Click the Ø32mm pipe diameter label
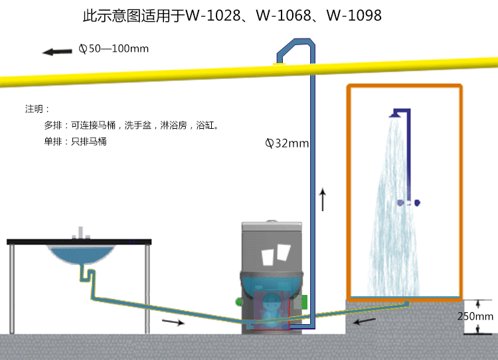point(288,143)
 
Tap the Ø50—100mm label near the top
point(114,48)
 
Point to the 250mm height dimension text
point(475,316)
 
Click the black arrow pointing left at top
point(57,51)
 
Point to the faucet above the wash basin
point(81,233)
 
